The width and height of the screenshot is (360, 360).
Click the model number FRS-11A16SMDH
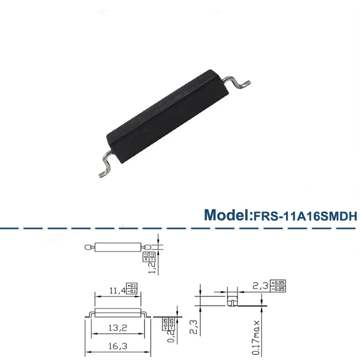pos(306,216)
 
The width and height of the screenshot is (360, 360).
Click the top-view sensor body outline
pos(118,248)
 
